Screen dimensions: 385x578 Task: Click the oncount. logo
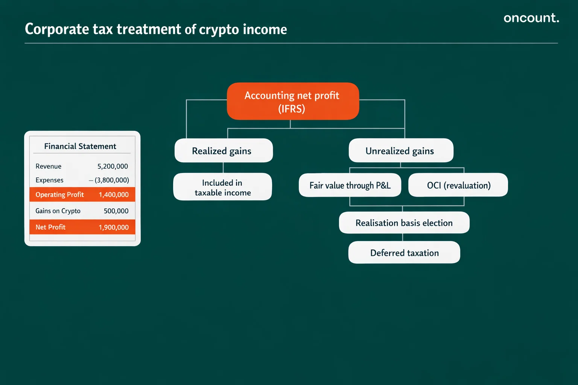(531, 18)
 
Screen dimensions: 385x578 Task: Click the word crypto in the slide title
(219, 30)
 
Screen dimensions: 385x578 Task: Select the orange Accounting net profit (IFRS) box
(292, 102)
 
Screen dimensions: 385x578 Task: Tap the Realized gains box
(224, 151)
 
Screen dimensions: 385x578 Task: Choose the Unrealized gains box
(401, 151)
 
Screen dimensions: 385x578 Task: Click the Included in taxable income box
(222, 187)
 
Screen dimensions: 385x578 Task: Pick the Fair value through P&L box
(350, 185)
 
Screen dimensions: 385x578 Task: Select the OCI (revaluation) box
(458, 185)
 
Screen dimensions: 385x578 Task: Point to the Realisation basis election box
(404, 223)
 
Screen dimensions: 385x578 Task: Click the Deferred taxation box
(404, 253)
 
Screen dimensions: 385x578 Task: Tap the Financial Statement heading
(80, 146)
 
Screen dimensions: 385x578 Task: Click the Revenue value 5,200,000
(113, 166)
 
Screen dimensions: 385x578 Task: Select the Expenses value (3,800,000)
(111, 180)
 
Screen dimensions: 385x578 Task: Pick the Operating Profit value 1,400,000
(114, 195)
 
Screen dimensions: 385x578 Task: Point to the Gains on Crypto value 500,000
(116, 211)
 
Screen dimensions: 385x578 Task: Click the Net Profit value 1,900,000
(114, 227)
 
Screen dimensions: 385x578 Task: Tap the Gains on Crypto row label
(58, 211)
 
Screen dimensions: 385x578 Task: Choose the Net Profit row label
(50, 227)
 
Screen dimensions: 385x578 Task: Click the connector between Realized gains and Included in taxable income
(223, 168)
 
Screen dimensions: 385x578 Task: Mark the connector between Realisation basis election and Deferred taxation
(403, 237)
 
